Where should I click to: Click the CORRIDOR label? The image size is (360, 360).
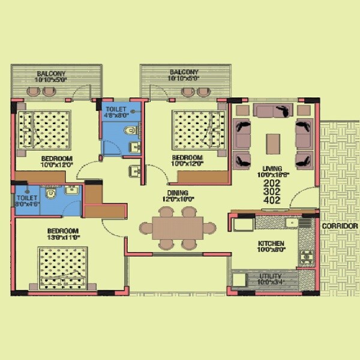340,226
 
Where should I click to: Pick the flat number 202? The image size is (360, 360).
272,182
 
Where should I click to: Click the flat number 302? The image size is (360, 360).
272,192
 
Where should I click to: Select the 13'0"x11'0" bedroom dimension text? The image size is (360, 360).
64,238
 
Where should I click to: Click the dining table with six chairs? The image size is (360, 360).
178,227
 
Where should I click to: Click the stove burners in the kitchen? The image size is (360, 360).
307,255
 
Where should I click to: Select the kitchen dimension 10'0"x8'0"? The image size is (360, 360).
271,250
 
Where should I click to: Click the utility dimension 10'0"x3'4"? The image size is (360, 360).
269,280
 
